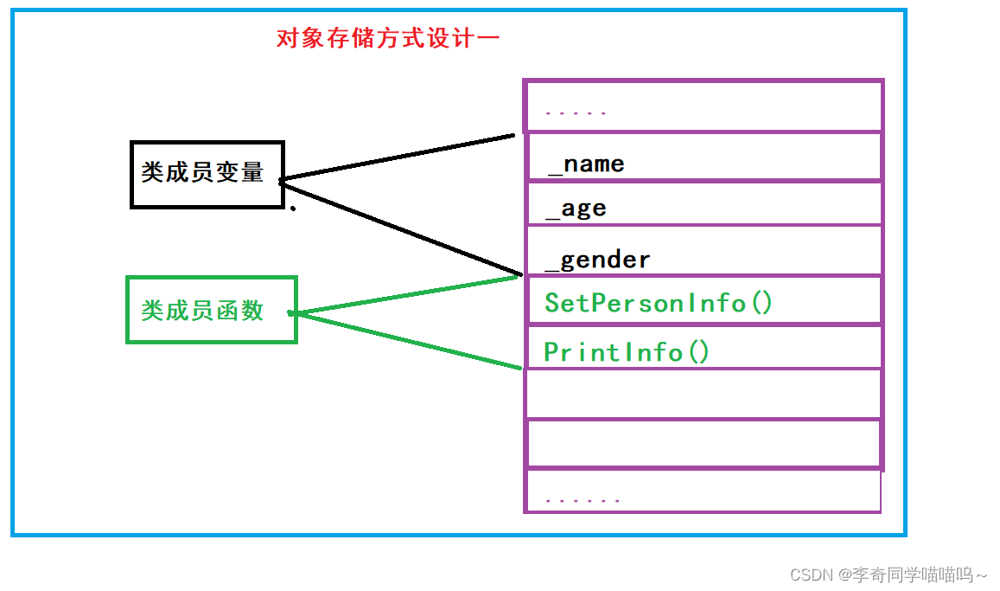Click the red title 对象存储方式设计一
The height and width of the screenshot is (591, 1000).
pos(388,38)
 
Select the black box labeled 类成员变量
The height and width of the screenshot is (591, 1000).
pos(207,174)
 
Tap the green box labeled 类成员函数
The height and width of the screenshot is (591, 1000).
pos(211,310)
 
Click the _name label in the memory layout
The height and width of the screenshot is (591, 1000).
pos(586,164)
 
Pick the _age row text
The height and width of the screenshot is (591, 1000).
pos(576,209)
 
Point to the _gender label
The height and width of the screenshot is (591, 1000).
pos(598,260)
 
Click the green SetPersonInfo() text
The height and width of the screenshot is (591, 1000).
pos(658,303)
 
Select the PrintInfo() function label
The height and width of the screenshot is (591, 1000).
pos(627,352)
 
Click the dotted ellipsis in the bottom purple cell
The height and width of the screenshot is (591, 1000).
pos(583,500)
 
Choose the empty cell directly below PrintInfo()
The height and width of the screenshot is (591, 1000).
pos(703,394)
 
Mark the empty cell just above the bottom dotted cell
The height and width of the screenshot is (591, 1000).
pos(703,444)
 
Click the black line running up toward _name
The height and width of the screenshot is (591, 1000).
pos(398,157)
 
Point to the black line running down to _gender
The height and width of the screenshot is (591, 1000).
pos(402,228)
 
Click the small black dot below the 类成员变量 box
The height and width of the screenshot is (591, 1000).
pos(293,208)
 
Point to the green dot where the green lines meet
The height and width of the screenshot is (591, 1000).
pos(291,312)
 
